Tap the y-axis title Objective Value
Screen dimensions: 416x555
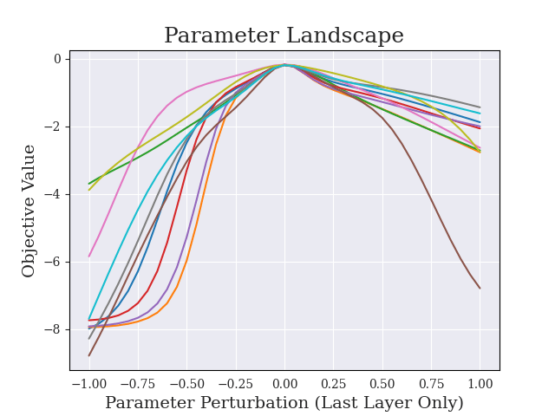29,211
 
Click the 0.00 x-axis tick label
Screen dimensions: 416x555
284,384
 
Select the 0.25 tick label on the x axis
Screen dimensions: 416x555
333,384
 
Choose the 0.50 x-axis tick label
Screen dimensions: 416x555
382,384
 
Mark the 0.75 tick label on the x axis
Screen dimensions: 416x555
431,384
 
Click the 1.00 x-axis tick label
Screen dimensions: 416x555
480,384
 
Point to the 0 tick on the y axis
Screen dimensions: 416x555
57,59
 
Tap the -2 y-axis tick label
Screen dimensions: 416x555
54,127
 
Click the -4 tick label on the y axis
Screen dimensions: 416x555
54,194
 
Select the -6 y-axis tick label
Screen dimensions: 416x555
54,262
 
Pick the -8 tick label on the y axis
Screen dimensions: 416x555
54,329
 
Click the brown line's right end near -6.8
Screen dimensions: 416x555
480,288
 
